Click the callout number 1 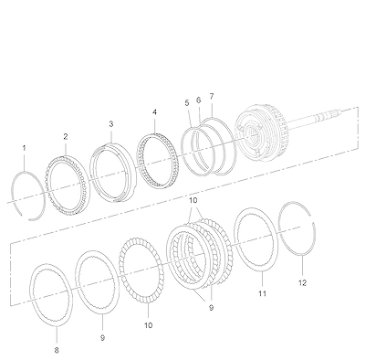tap(25, 148)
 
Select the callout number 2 tap(66, 137)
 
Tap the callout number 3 tap(111, 124)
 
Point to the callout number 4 tap(155, 112)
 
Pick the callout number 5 tap(187, 103)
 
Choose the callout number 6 tap(198, 100)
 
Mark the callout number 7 tap(212, 96)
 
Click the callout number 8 tap(57, 350)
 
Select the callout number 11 tap(263, 293)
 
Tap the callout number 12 tap(302, 283)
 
